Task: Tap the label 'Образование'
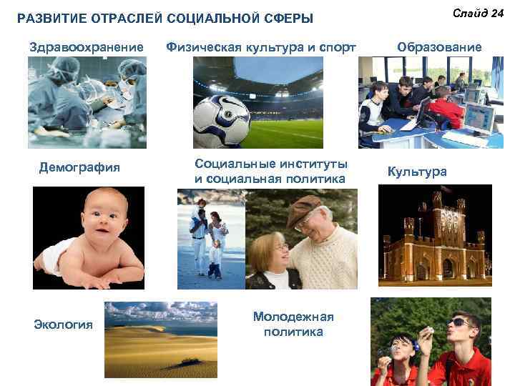(439, 47)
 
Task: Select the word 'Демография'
(79, 168)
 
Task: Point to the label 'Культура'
(417, 172)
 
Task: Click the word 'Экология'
(64, 325)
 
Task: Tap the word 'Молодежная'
(293, 317)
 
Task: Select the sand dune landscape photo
(160, 339)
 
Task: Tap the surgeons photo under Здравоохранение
(87, 102)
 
